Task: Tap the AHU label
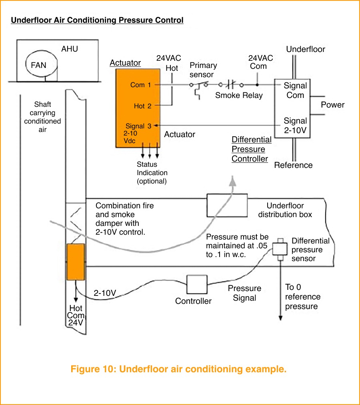coord(70,49)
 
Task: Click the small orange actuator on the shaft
coord(76,262)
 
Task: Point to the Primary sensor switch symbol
coord(199,86)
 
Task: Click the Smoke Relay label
coord(239,96)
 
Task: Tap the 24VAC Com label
coord(260,62)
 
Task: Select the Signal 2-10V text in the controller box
coord(295,125)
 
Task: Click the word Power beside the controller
coord(332,105)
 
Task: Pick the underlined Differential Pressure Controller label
coord(251,149)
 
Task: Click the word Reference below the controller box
coord(293,165)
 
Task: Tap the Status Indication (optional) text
coord(152,173)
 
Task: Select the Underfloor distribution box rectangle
coord(227,205)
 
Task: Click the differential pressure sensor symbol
coord(280,249)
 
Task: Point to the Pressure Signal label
coord(244,293)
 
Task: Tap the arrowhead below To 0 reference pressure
coord(280,318)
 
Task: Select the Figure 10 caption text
coord(178,369)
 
